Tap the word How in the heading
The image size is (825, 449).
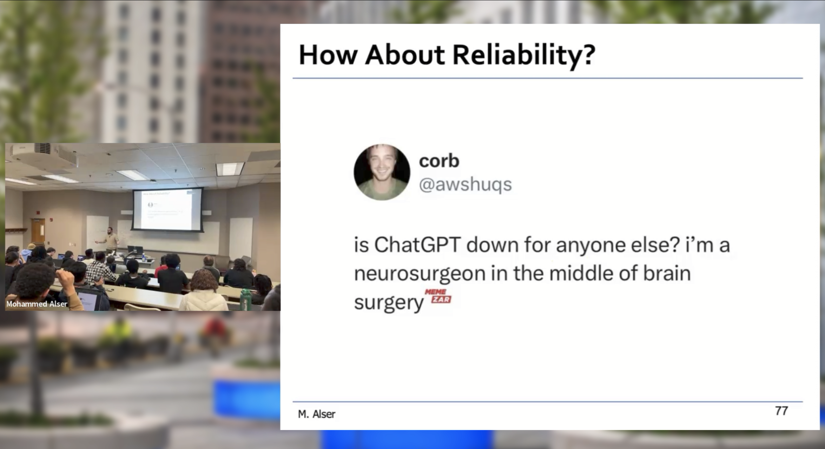[x=328, y=55]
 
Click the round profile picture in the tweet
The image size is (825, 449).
[x=382, y=172]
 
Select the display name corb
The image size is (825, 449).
[x=439, y=161]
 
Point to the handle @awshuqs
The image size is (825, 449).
[x=466, y=185]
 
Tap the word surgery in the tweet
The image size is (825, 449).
[x=389, y=302]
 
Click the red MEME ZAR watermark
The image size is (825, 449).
[x=438, y=296]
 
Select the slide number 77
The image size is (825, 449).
[x=781, y=411]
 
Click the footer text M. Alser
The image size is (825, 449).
[x=317, y=414]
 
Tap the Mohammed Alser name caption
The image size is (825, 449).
[x=37, y=304]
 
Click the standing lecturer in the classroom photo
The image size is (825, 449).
[x=110, y=239]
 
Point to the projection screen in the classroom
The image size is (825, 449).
[x=168, y=210]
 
